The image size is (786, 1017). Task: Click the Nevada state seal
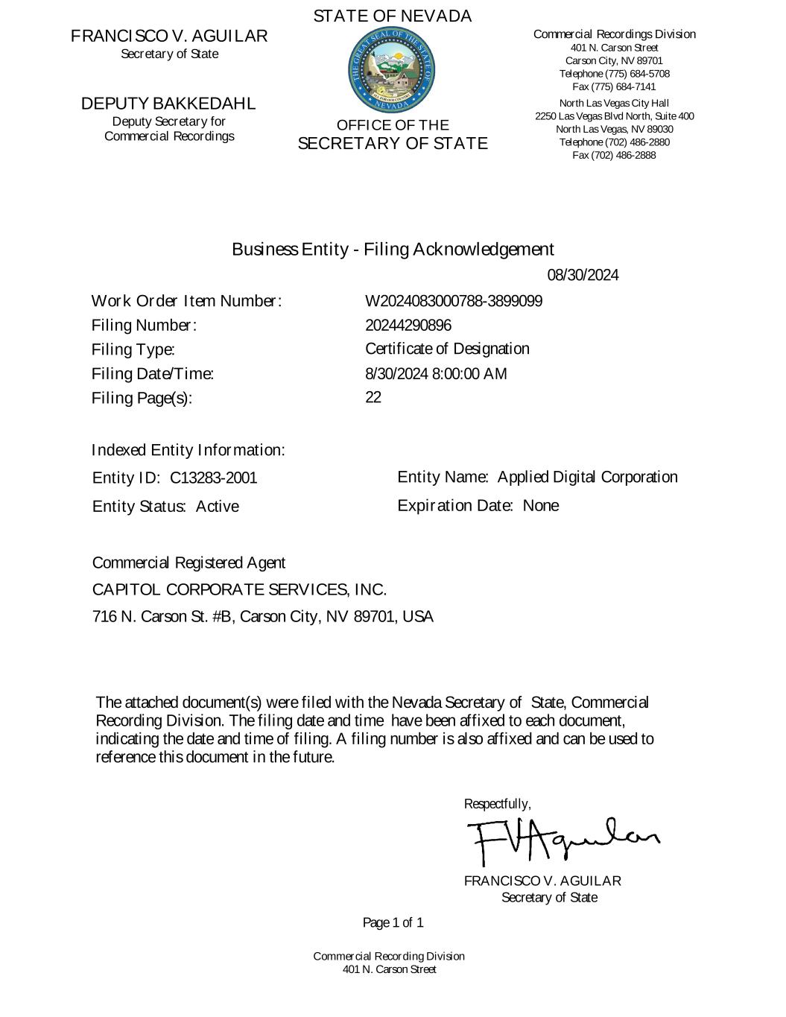click(392, 72)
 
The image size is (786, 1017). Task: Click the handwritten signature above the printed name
click(562, 840)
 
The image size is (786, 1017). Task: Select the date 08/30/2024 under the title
click(583, 276)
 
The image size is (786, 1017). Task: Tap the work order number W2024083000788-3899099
click(454, 302)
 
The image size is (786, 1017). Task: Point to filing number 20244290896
click(408, 326)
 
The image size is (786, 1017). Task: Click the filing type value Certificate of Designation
click(447, 349)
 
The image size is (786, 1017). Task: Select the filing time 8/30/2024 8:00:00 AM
click(436, 374)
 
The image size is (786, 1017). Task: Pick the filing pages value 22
click(373, 398)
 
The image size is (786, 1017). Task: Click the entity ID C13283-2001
click(214, 478)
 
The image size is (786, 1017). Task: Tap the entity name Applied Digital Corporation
click(588, 478)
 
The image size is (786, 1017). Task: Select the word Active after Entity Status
click(218, 507)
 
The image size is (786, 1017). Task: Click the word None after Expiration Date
click(541, 506)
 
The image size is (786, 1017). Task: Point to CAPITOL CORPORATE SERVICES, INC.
click(239, 590)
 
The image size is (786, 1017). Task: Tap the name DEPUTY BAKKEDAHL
click(168, 104)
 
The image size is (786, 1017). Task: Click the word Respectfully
click(497, 804)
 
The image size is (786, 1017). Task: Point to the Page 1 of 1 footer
click(393, 923)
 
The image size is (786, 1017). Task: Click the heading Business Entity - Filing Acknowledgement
click(393, 249)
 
